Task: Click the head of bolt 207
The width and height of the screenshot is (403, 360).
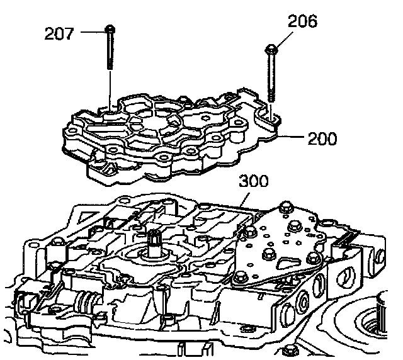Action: click(110, 28)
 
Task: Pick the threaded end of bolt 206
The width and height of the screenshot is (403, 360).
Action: click(273, 94)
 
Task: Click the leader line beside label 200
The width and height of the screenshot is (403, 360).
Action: click(290, 136)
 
